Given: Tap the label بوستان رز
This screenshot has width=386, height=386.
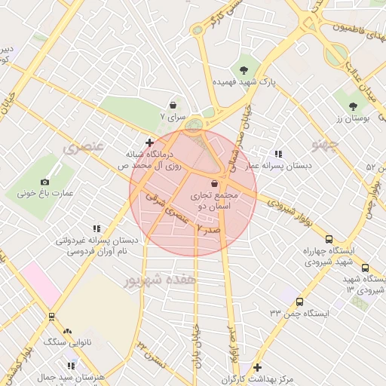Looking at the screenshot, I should pos(351,118).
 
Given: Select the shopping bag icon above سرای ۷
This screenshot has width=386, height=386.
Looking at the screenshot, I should pos(174,106).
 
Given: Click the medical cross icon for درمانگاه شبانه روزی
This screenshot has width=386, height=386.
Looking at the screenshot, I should pos(149,142).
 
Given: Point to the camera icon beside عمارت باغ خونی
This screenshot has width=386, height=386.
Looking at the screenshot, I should pos(44,182).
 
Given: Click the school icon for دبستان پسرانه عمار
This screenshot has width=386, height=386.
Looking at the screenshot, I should pos(278,154).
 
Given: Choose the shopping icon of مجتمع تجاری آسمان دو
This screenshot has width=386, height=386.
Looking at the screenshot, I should pos(215,183).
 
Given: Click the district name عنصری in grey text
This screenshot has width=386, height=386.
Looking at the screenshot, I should pos(84,146).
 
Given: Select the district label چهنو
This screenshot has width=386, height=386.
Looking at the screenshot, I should pos(330,142).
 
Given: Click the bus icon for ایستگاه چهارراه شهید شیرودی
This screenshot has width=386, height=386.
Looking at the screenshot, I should pos(365,268).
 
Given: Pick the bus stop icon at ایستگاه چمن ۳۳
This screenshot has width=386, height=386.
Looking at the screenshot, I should pos(299,302).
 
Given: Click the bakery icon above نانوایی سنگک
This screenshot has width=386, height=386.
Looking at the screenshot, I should pos(68,330).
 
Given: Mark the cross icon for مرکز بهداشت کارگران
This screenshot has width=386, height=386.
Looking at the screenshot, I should pos(257,367).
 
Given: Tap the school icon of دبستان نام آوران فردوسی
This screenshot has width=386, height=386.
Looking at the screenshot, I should pos(96,228).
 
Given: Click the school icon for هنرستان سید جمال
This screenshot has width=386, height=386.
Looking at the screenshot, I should pos(71,366).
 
